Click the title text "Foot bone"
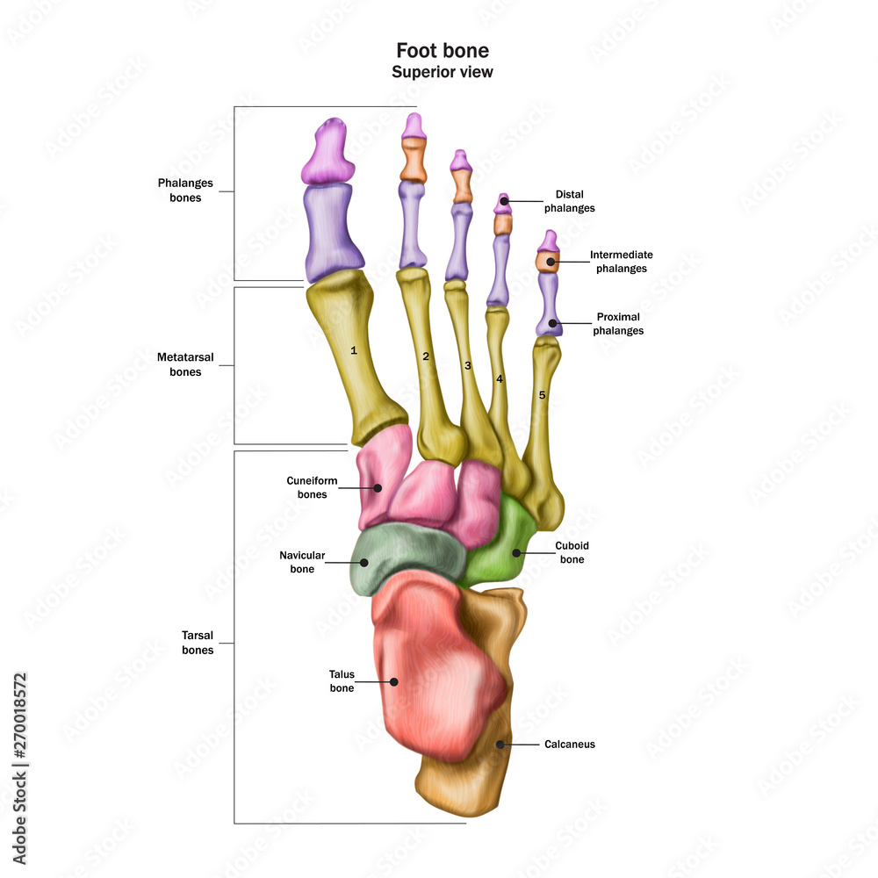[443, 50]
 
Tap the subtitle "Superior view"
[443, 72]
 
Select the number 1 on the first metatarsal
[353, 350]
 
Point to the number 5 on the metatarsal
[542, 395]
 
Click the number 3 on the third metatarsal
[468, 365]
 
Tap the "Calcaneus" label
[570, 745]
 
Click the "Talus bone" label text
[342, 681]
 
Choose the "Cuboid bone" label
[572, 552]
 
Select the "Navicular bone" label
[302, 562]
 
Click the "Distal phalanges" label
[570, 201]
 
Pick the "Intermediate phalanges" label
[621, 262]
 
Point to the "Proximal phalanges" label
[618, 324]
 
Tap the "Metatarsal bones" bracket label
[185, 364]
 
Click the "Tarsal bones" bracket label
[198, 643]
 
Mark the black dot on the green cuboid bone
[516, 553]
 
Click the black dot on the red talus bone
[394, 682]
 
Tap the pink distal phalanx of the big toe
[329, 152]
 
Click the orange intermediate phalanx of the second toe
[414, 160]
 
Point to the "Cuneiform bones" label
[312, 487]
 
